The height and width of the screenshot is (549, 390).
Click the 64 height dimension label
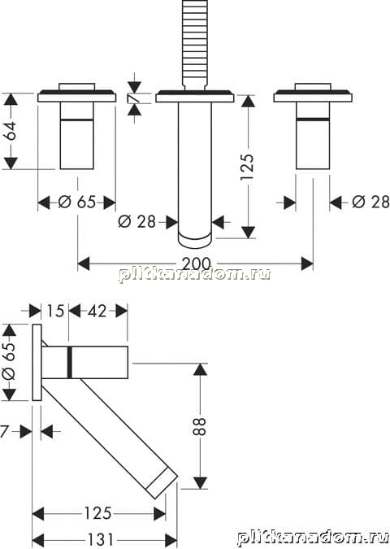pyautogui.click(x=11, y=131)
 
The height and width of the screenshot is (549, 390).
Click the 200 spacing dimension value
pyautogui.click(x=197, y=264)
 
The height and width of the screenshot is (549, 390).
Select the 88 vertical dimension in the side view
pyautogui.click(x=200, y=425)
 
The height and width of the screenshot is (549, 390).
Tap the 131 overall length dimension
pyautogui.click(x=100, y=539)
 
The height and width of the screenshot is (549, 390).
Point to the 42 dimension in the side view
pyautogui.click(x=97, y=311)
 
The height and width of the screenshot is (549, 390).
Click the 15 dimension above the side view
pyautogui.click(x=55, y=311)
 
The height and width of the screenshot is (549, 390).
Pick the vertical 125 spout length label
pyautogui.click(x=246, y=167)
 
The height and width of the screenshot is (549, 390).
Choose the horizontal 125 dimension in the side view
pyautogui.click(x=97, y=513)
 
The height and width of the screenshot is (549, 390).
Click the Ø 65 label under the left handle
pyautogui.click(x=76, y=202)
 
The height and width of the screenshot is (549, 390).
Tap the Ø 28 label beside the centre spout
pyautogui.click(x=136, y=221)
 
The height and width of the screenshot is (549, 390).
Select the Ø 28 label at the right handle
pyautogui.click(x=370, y=202)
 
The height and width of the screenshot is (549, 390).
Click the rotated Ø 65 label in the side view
pyautogui.click(x=9, y=361)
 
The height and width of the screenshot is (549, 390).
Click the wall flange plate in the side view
pyautogui.click(x=37, y=363)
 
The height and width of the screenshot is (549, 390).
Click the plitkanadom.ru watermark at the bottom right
pyautogui.click(x=313, y=538)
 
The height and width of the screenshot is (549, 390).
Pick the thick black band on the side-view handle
pyautogui.click(x=70, y=363)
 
